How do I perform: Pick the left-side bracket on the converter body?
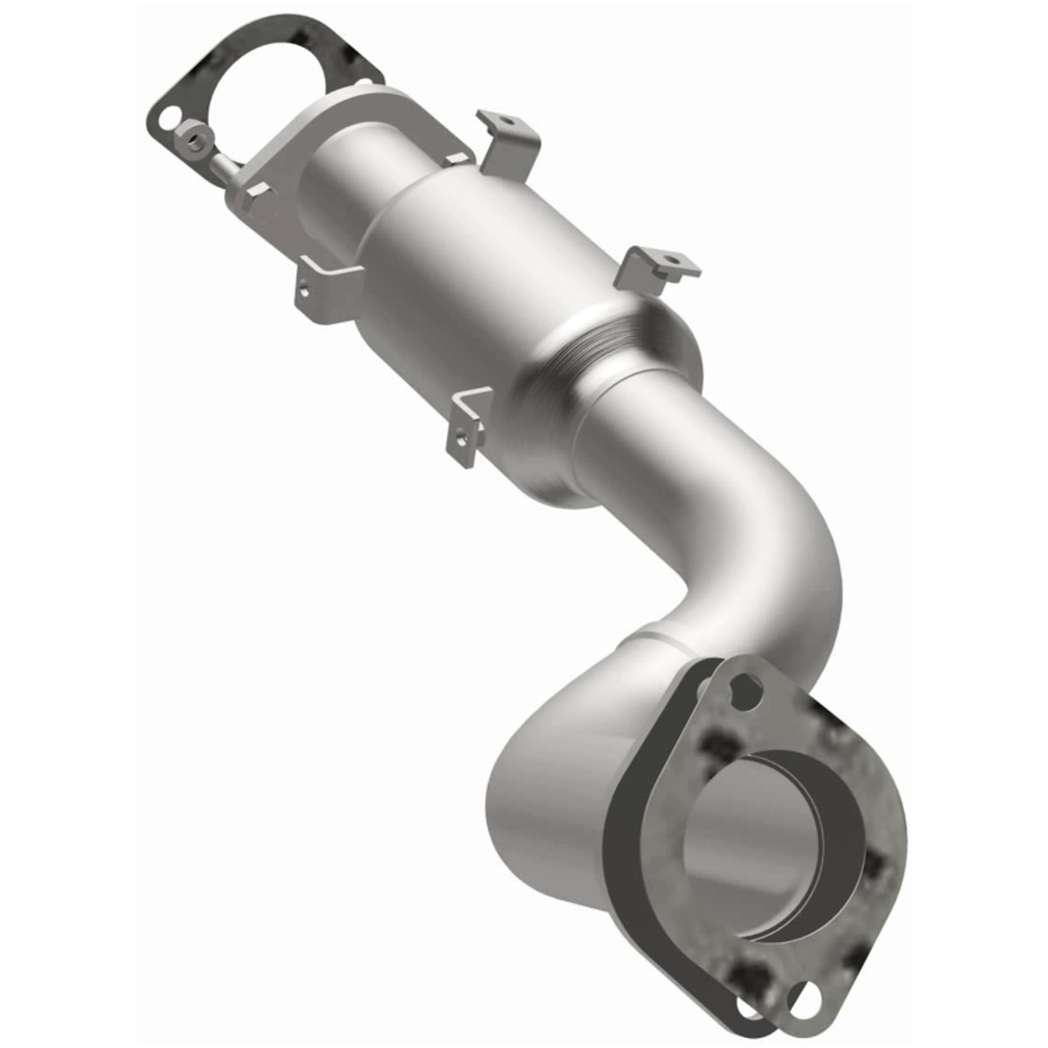[327, 287]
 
